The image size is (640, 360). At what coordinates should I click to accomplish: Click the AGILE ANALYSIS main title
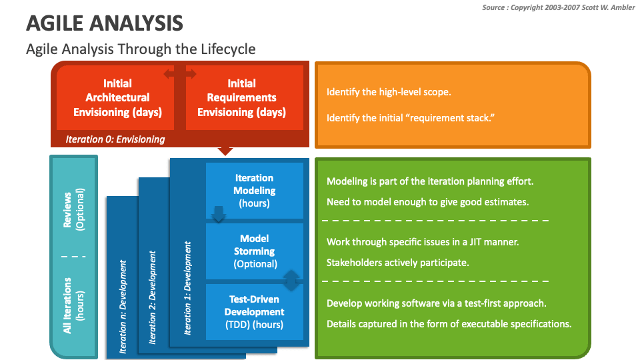click(x=104, y=24)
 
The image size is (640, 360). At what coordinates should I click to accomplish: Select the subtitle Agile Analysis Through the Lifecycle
click(x=140, y=49)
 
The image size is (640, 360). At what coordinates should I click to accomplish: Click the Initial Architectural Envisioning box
click(x=117, y=98)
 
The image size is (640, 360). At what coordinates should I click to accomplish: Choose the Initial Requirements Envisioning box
click(x=241, y=98)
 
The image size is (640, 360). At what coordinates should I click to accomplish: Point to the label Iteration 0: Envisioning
click(x=115, y=139)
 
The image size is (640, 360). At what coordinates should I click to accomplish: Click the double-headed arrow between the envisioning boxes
click(x=180, y=73)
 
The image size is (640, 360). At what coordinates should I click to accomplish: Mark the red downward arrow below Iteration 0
click(x=226, y=151)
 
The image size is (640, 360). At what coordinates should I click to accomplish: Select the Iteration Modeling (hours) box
click(x=254, y=191)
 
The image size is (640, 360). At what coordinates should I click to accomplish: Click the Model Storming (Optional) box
click(x=254, y=251)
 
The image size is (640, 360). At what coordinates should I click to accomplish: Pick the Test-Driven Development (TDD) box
click(x=254, y=312)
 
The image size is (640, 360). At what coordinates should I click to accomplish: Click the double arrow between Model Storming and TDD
click(x=291, y=281)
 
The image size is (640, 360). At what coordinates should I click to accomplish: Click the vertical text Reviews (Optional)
click(x=74, y=208)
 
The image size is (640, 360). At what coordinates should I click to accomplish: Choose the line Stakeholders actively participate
click(x=397, y=263)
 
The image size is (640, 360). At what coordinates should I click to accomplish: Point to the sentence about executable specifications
click(x=449, y=324)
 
